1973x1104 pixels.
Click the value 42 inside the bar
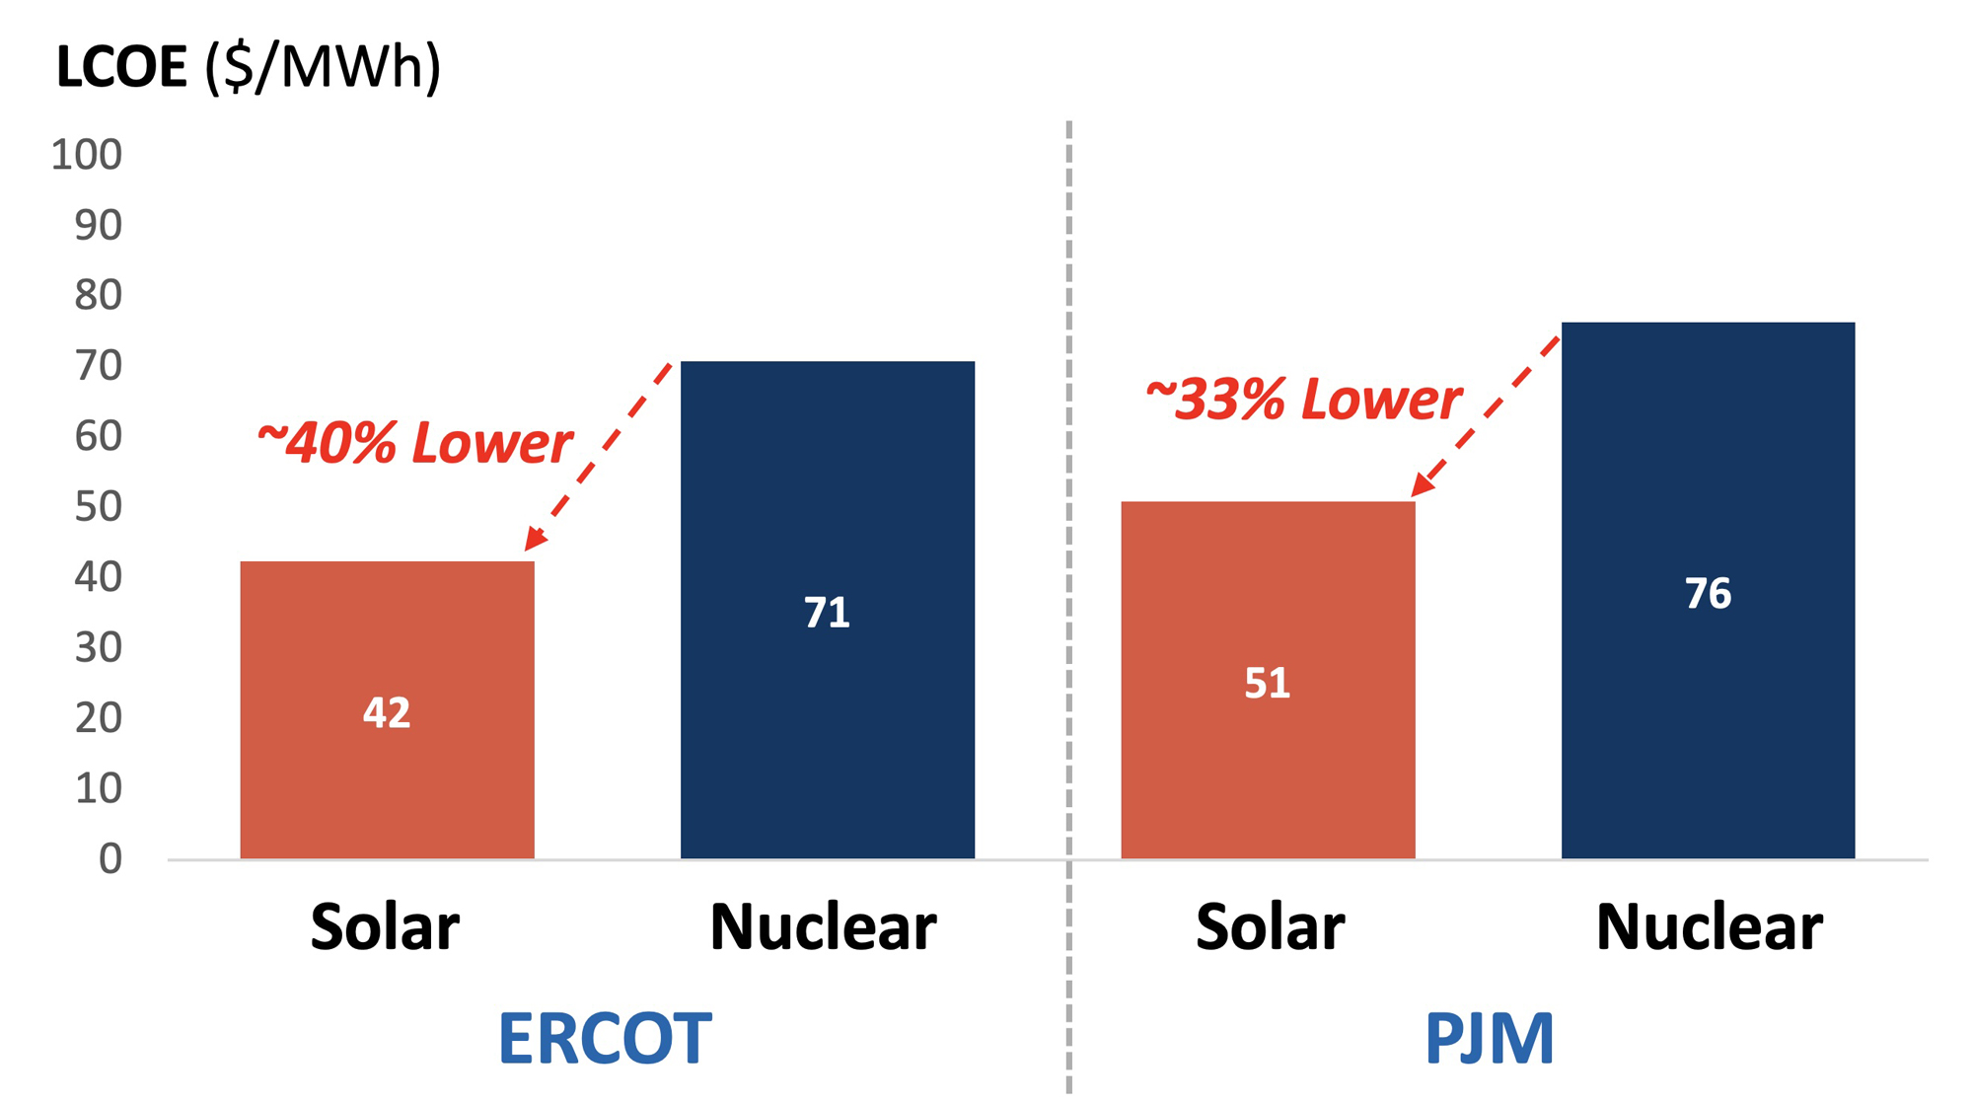tap(387, 712)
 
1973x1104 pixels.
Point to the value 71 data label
tap(827, 613)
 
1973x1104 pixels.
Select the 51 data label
tap(1268, 683)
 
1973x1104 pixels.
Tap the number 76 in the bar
tap(1708, 593)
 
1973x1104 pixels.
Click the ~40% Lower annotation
tap(414, 442)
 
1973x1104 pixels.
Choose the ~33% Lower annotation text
tap(1303, 400)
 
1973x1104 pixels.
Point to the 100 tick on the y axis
tap(87, 155)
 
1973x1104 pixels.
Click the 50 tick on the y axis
tap(98, 507)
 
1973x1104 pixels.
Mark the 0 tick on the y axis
tap(110, 859)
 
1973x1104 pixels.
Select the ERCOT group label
tap(605, 1038)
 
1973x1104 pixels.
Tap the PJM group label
tap(1489, 1038)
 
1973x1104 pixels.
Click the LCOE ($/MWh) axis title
tap(249, 67)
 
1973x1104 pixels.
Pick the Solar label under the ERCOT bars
tap(385, 927)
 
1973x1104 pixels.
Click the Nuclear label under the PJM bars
tap(1709, 927)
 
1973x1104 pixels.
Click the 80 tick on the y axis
tap(98, 295)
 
